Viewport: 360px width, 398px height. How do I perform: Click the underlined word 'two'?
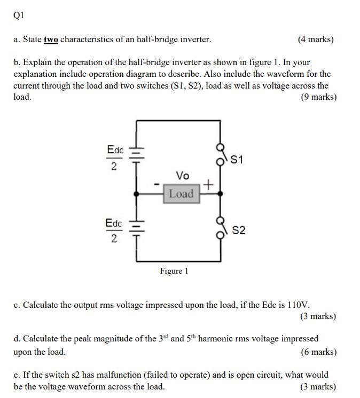point(51,39)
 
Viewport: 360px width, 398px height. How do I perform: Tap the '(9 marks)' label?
point(318,97)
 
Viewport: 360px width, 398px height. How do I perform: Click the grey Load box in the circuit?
point(182,194)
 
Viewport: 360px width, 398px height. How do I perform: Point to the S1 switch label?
point(237,160)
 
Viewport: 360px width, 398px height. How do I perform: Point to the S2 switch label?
point(239,230)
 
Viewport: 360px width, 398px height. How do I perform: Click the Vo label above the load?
point(182,176)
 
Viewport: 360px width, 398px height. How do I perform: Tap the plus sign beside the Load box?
point(208,185)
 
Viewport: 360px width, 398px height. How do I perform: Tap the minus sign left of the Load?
point(156,185)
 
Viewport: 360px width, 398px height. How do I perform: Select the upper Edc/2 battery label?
point(115,158)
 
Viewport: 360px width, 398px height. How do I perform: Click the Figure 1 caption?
point(174,271)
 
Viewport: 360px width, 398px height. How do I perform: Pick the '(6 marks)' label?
point(318,352)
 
